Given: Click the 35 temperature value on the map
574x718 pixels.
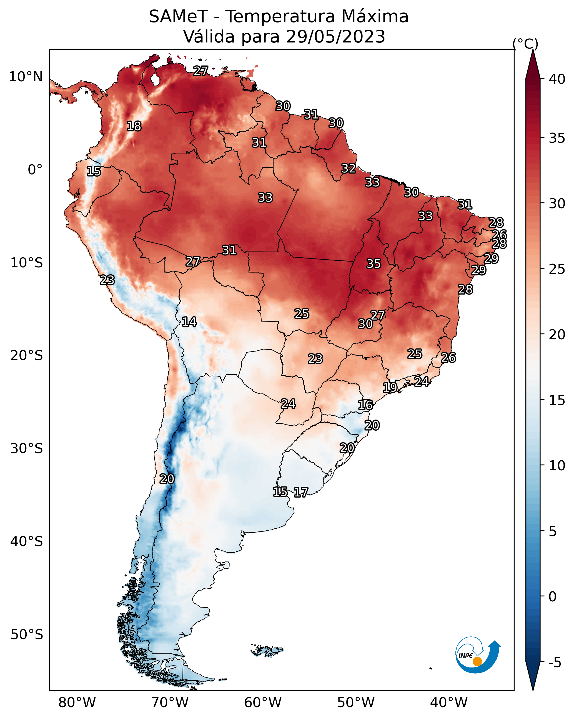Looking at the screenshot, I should click(x=374, y=264).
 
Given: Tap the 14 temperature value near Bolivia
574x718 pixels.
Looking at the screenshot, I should click(x=189, y=322).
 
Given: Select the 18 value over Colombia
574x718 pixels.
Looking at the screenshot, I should click(x=134, y=126).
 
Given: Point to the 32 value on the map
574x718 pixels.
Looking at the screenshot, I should click(x=349, y=169).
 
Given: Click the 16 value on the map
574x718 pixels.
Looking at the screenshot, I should click(x=365, y=405).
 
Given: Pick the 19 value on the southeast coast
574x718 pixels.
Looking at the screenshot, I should click(x=389, y=387).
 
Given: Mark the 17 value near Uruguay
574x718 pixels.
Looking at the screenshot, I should click(x=301, y=492).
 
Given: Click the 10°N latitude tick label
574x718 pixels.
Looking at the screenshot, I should click(x=26, y=77).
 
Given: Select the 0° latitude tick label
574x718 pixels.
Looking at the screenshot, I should click(x=35, y=170).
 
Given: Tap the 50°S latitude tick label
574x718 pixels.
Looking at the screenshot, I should click(x=27, y=635).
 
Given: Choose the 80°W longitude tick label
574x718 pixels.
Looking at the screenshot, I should click(x=77, y=703).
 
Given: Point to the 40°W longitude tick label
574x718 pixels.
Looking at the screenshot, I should click(x=449, y=703).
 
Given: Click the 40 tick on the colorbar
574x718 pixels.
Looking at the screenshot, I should click(x=557, y=79).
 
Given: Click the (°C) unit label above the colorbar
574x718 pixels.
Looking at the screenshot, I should click(x=525, y=44).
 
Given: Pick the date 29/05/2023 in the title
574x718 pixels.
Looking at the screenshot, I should click(x=335, y=37).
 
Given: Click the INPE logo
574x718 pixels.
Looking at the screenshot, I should click(x=477, y=655).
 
